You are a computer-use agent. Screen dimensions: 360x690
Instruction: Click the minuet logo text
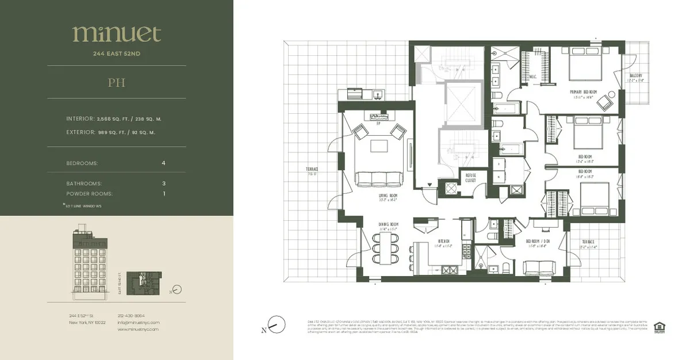(116, 34)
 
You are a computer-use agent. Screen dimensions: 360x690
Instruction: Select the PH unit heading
(116, 82)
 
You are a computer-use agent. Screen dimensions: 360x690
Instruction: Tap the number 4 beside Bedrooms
(164, 163)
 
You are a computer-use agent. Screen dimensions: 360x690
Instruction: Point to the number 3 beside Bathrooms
(164, 183)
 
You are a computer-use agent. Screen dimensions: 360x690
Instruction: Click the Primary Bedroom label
(583, 92)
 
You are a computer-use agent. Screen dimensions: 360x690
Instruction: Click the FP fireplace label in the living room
(379, 122)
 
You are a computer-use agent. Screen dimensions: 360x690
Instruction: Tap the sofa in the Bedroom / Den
(539, 267)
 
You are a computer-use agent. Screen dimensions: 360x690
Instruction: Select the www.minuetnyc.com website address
(138, 330)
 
